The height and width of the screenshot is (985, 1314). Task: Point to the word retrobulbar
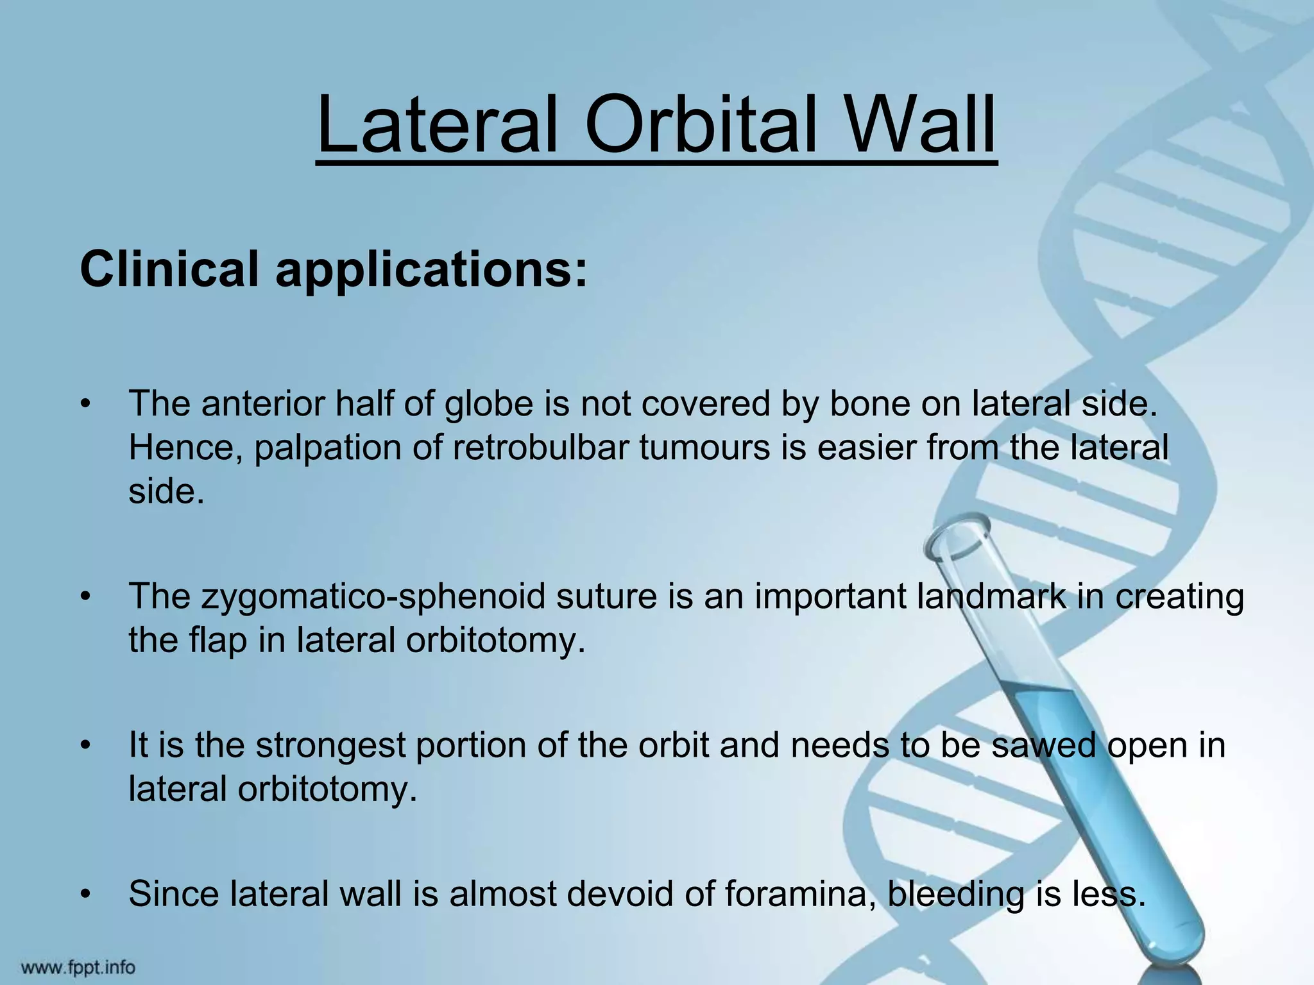(x=546, y=447)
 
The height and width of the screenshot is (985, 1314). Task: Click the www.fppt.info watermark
(x=79, y=967)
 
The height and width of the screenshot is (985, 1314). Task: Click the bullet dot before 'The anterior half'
(x=85, y=405)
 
